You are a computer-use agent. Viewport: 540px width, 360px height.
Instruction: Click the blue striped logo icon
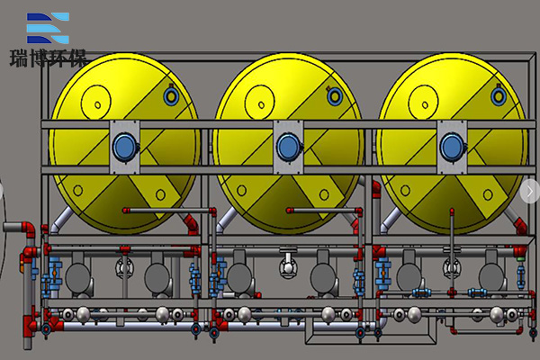[x=48, y=28]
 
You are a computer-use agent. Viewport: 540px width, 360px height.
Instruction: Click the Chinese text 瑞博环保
[x=48, y=58]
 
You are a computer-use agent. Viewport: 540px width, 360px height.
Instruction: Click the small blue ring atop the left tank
[x=171, y=95]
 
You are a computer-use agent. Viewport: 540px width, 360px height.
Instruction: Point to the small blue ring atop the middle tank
[x=335, y=96]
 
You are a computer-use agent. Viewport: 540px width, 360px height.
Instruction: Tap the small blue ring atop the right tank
[x=499, y=96]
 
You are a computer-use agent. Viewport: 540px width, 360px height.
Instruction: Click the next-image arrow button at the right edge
[x=530, y=191]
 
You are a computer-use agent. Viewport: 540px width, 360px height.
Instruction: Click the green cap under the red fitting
[x=520, y=258]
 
